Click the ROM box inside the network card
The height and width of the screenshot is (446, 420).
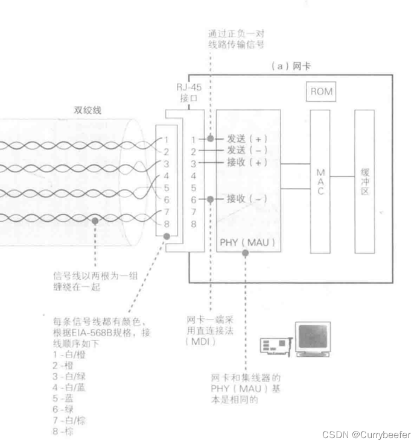point(321,92)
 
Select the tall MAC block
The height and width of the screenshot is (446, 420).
point(320,181)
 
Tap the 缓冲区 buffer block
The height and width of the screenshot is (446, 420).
point(364,181)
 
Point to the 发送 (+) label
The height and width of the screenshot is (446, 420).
point(246,139)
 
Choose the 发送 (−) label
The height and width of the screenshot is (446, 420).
point(246,151)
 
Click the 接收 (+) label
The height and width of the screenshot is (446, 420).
point(246,163)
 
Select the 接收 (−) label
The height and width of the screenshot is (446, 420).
point(246,199)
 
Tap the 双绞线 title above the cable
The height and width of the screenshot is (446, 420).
point(86,110)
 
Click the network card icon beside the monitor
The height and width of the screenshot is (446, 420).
point(276,345)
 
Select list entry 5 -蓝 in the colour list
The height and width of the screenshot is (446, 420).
point(63,398)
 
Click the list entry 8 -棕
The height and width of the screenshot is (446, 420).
point(63,432)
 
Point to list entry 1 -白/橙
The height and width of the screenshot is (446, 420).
point(68,355)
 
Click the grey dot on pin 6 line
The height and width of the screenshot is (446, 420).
point(209,199)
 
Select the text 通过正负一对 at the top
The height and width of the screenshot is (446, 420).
point(237,34)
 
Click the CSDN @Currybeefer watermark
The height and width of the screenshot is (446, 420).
point(366,435)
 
